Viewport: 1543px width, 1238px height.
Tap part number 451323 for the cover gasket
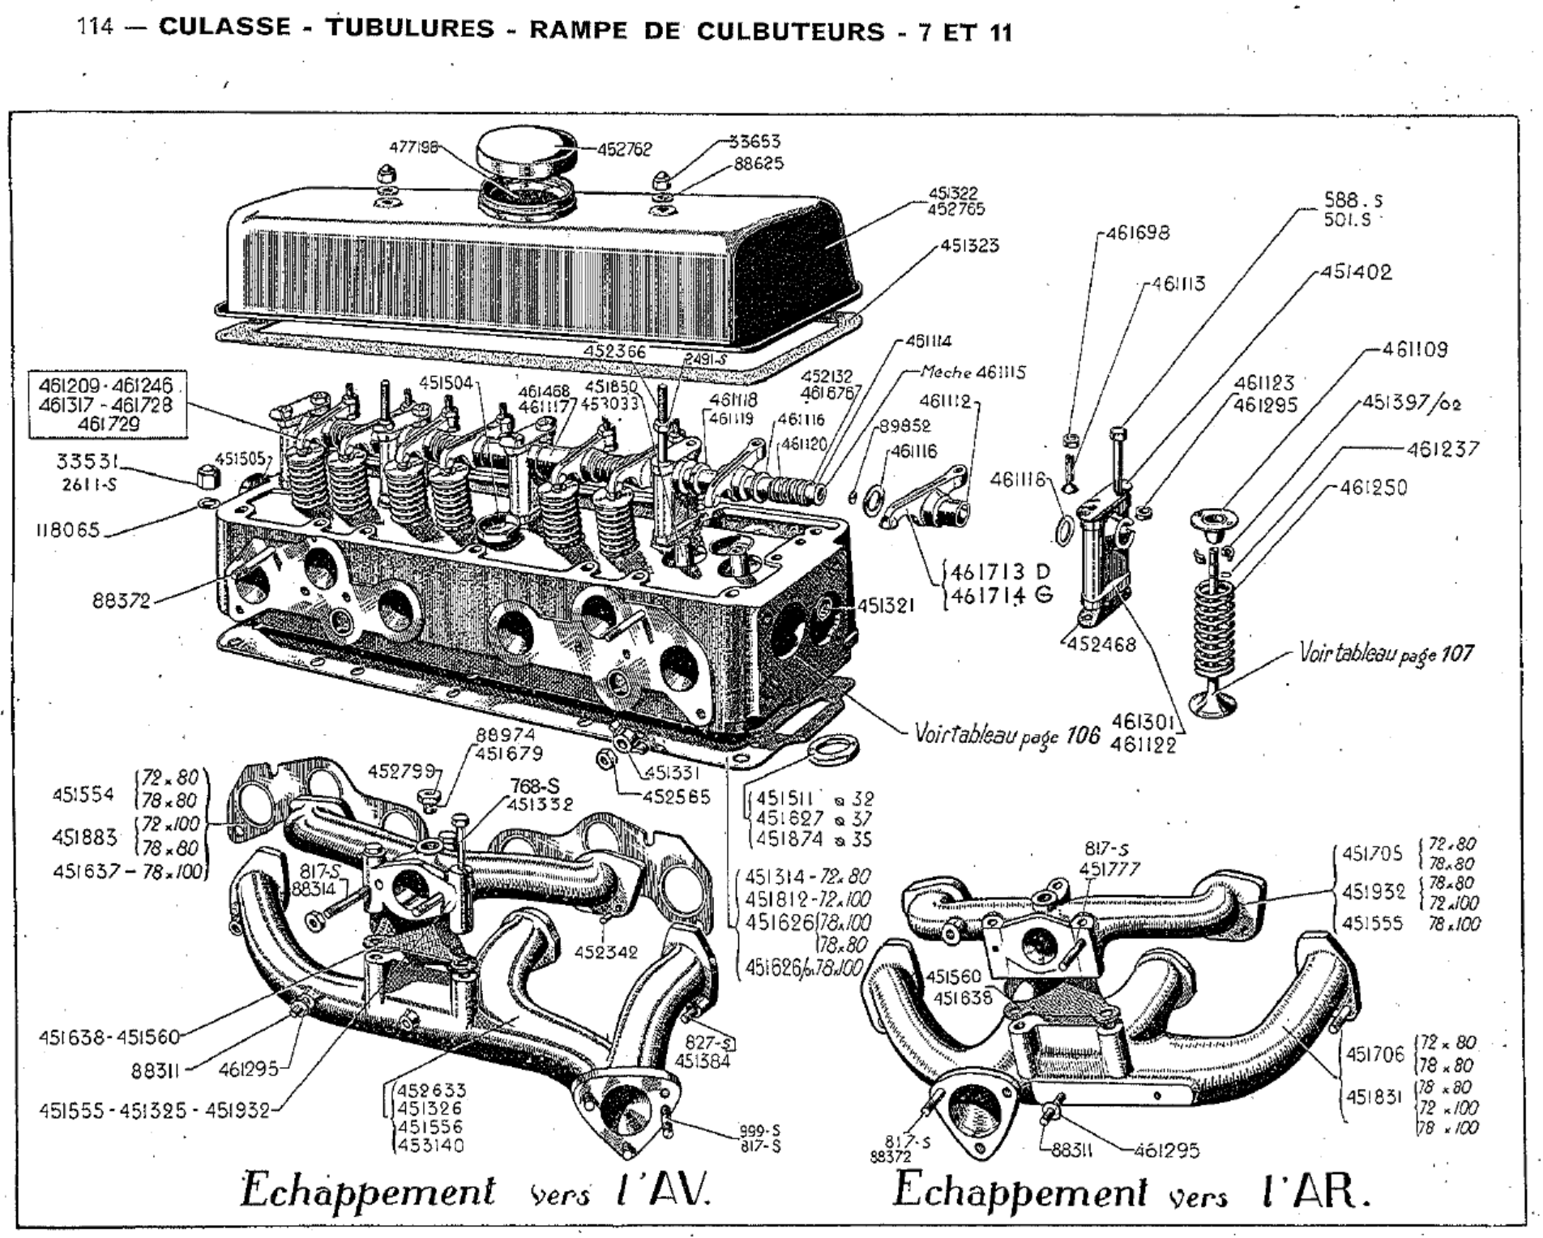969,245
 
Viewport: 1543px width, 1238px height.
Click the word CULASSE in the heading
224,29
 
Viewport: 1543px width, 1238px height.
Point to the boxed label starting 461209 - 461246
105,404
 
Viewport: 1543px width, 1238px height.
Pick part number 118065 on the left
67,531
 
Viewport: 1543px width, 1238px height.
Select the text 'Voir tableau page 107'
1386,653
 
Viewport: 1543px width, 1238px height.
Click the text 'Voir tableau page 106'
1007,734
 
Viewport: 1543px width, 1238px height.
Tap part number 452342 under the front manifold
606,953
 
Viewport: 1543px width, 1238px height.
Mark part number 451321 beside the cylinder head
886,605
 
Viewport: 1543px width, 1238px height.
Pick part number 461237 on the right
1443,449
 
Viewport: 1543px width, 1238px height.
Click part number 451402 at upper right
1356,272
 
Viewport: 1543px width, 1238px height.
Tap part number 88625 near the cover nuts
759,164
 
